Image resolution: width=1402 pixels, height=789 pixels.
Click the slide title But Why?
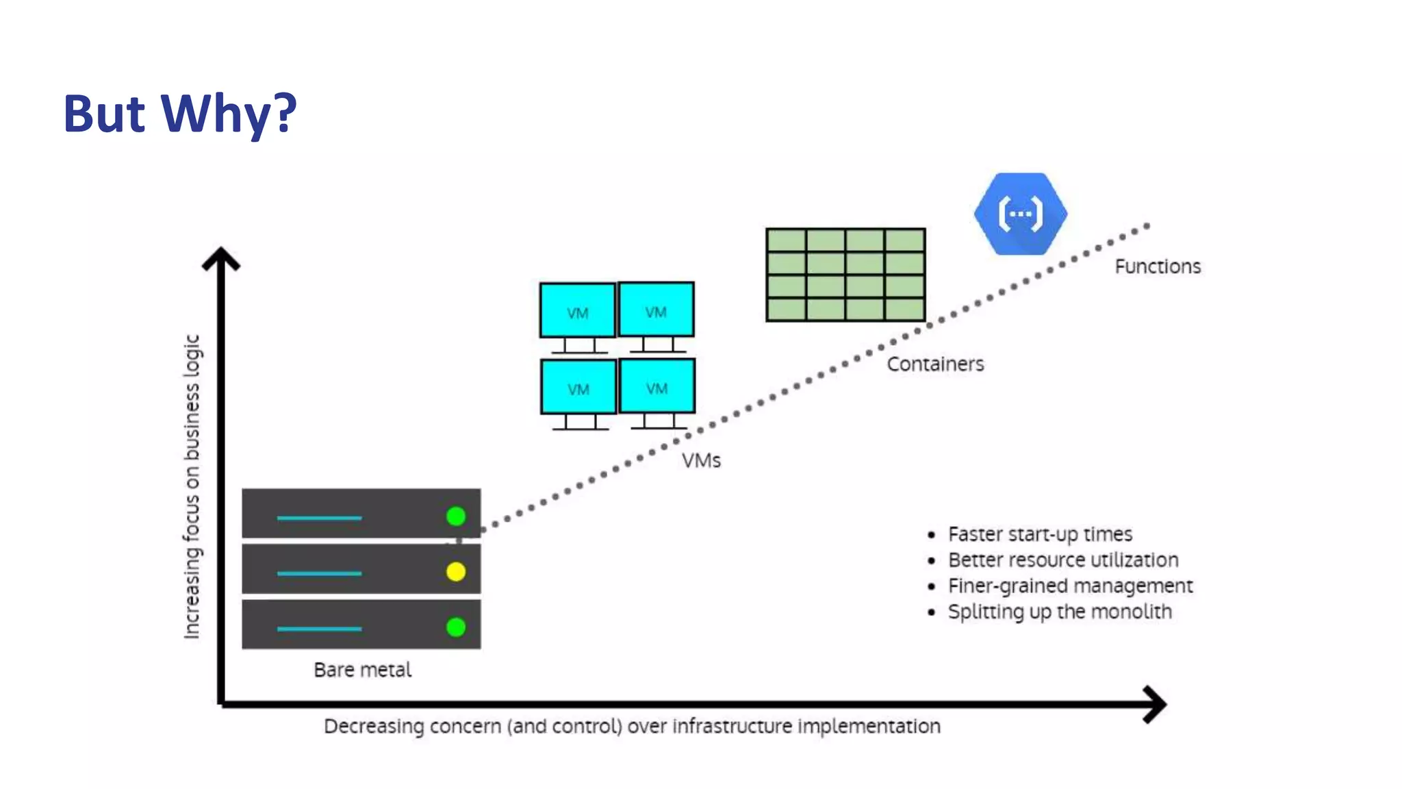point(180,113)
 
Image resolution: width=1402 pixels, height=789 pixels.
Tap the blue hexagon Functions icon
point(1020,214)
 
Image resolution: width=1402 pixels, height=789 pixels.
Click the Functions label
point(1158,266)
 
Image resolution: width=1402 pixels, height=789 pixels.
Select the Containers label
point(935,364)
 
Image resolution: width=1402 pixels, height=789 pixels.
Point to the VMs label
point(701,460)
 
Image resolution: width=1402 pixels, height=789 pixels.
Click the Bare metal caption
point(362,669)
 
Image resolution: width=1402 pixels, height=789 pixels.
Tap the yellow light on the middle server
point(456,571)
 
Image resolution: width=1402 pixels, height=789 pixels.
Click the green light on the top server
point(456,516)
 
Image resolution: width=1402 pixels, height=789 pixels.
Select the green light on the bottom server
point(456,627)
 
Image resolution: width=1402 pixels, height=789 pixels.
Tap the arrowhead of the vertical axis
point(221,258)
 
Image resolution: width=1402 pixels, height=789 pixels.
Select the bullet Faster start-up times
point(1040,534)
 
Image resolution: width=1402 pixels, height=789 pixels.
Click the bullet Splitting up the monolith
point(1059,611)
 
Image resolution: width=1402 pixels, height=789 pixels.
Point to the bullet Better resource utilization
point(1062,560)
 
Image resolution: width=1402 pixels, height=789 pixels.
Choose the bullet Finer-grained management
point(1070,586)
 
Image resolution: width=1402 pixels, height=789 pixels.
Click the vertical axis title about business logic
point(192,486)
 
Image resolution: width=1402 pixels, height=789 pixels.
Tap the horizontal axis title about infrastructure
point(632,726)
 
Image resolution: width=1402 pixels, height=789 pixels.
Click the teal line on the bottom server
point(319,628)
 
